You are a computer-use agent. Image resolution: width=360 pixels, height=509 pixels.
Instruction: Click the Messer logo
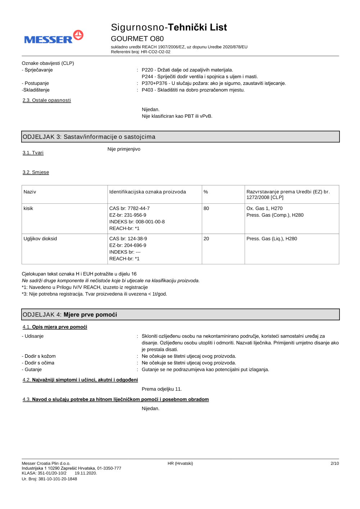(54, 37)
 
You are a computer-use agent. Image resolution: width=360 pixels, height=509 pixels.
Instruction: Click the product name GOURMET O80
(137, 39)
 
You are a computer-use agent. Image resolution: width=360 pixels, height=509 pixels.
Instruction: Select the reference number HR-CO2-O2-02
(156, 52)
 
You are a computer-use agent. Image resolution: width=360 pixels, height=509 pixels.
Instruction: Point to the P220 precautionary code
(147, 70)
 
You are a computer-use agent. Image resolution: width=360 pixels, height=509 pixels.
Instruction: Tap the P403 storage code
(147, 90)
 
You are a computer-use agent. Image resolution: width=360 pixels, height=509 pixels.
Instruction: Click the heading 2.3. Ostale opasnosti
(47, 100)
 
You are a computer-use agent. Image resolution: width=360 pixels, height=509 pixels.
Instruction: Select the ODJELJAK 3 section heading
(89, 137)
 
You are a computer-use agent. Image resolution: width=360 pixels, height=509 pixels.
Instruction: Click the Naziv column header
(30, 192)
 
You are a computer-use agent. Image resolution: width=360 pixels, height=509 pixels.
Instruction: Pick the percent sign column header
(206, 192)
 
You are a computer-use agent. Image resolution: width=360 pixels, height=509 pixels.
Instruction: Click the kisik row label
(28, 208)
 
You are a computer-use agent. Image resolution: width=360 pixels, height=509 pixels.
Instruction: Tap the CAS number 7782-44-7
(139, 208)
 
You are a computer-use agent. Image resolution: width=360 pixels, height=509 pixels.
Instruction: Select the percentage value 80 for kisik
(206, 208)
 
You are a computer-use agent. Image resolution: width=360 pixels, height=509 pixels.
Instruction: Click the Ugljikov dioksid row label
(40, 239)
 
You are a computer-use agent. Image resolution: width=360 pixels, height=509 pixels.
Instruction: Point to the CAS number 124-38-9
(137, 239)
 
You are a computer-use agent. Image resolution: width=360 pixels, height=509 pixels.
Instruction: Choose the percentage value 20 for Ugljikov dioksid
(206, 239)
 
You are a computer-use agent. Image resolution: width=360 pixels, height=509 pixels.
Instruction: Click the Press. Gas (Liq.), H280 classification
(271, 239)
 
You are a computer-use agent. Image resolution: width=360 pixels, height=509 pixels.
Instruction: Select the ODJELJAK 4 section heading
(70, 315)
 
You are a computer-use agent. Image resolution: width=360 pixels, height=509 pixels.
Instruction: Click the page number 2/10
(334, 463)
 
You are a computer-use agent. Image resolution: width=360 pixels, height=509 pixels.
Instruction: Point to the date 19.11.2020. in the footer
(86, 473)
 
